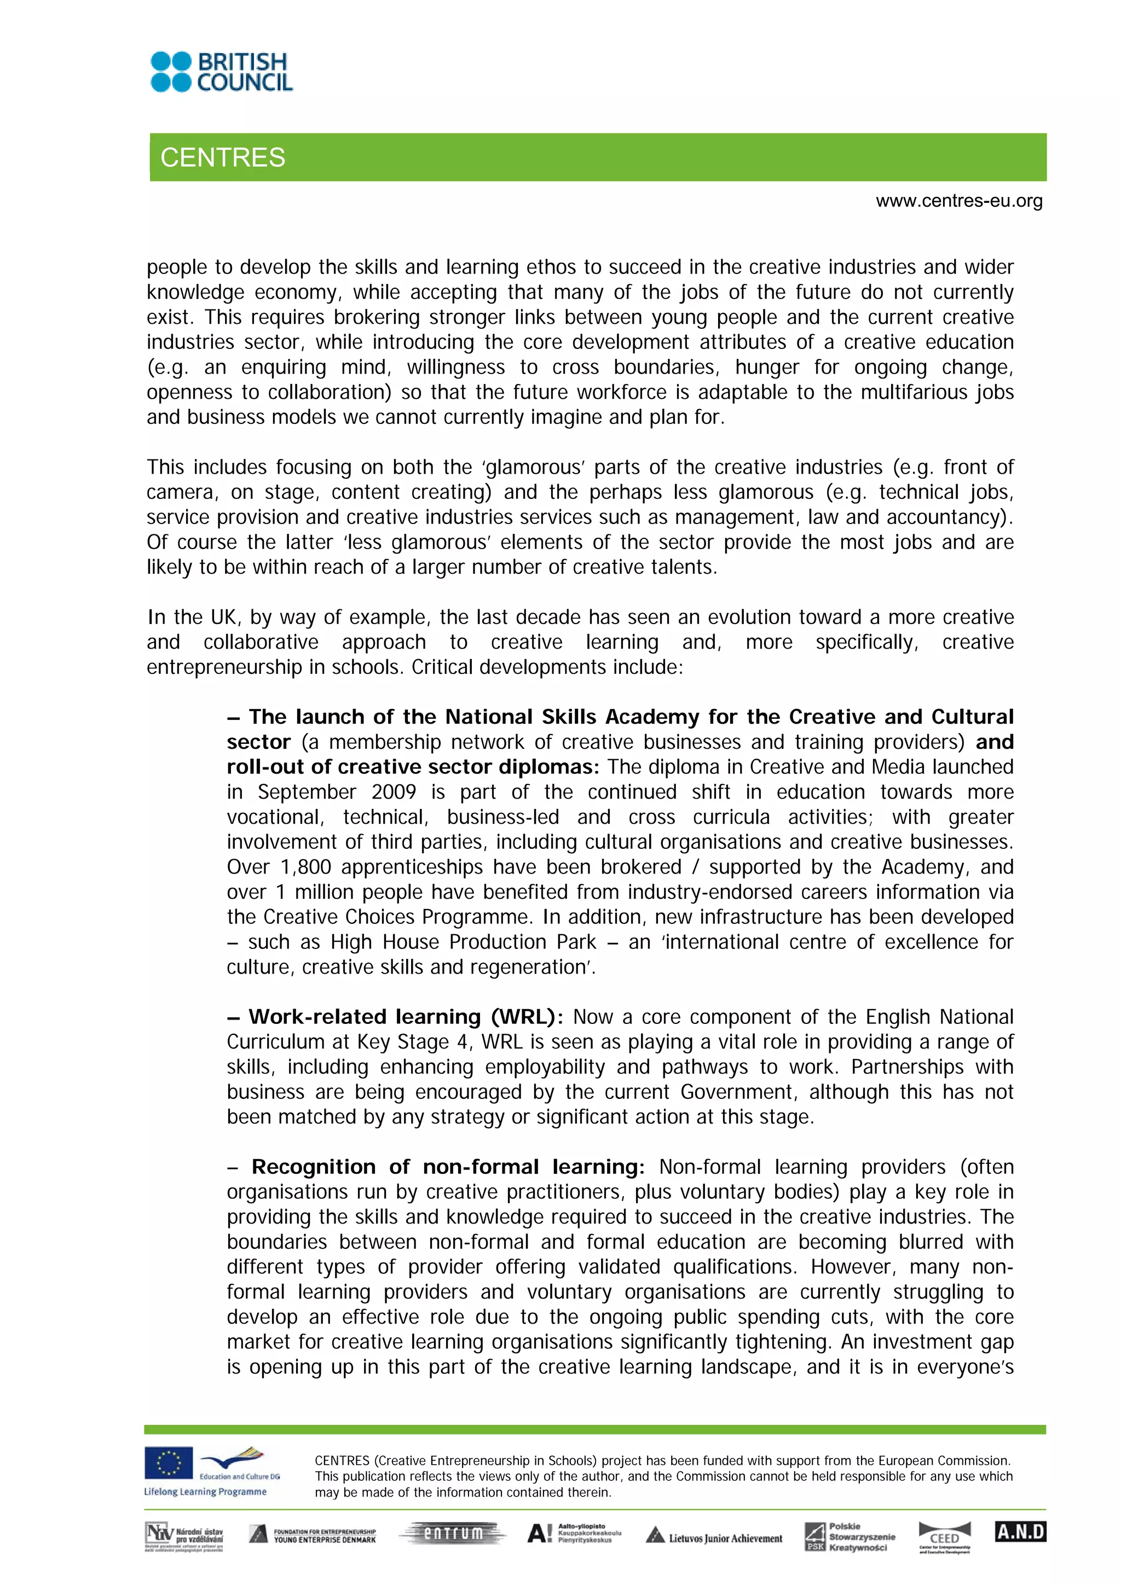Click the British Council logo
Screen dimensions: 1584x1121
[x=222, y=72]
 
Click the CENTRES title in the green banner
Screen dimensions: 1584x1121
[x=222, y=158]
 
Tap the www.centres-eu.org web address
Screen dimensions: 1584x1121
[x=959, y=201]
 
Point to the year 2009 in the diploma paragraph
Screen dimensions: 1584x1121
[x=394, y=791]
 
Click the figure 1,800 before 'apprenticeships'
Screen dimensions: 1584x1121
[x=305, y=866]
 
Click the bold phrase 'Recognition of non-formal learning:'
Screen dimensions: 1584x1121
[x=447, y=1167]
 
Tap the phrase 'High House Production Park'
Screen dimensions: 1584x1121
[x=463, y=942]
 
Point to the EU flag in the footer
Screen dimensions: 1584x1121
[x=169, y=1463]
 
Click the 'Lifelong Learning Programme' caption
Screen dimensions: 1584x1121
[x=205, y=1491]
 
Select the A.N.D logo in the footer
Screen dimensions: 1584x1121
[x=1020, y=1531]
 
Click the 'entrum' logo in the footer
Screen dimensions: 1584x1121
[x=452, y=1534]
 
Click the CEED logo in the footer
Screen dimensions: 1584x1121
[x=944, y=1537]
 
